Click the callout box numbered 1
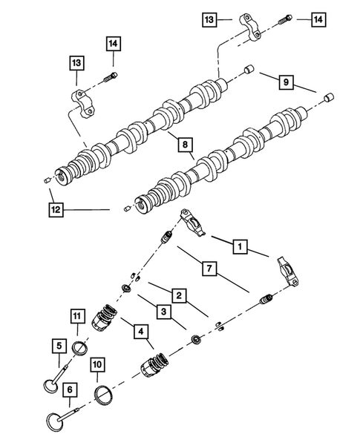pos(239,243)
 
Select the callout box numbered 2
pos(178,295)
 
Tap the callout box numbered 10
pos(96,364)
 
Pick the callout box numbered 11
pos(79,319)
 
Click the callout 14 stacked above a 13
pos(111,45)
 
